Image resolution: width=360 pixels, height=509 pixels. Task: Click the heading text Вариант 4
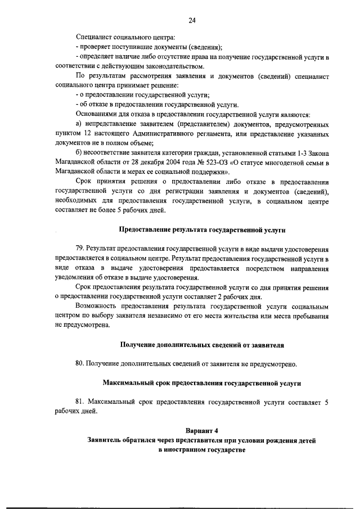(201, 431)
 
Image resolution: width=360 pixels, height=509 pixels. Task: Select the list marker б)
(79, 154)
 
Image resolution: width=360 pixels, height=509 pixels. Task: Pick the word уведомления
(76, 278)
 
